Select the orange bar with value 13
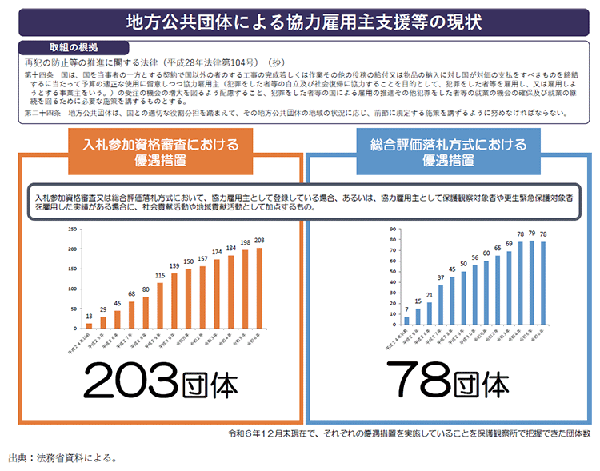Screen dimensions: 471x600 89,325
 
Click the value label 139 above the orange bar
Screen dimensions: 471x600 174,265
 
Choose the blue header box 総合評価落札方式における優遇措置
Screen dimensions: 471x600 448,152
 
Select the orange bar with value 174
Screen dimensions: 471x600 217,295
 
